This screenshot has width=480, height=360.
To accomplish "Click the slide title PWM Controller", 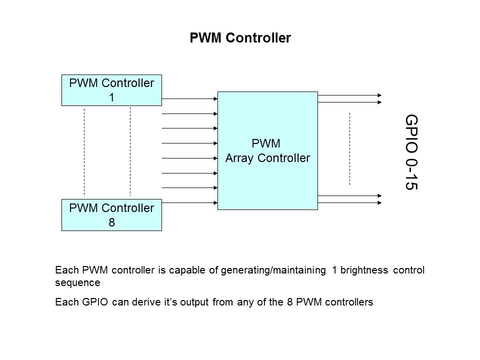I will tap(240, 38).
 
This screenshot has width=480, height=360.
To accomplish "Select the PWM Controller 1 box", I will tap(111, 90).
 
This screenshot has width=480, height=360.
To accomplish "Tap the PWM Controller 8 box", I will tap(111, 215).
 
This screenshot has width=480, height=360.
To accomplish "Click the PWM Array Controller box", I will tap(267, 150).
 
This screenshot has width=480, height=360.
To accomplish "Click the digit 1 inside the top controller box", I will tap(112, 98).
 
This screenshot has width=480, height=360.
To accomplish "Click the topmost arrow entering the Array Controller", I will tap(190, 98).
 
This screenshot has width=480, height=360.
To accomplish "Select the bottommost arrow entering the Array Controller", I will tap(190, 202).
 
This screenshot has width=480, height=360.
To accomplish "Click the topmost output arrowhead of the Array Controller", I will tap(380, 95).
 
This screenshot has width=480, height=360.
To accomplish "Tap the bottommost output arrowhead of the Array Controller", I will tap(380, 203).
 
